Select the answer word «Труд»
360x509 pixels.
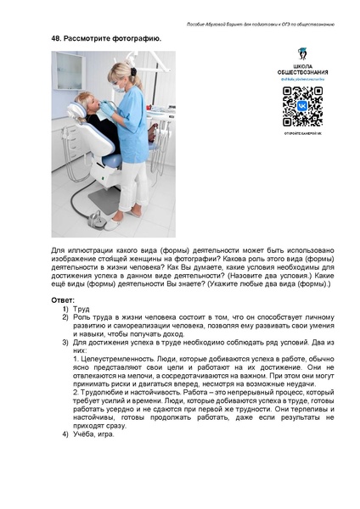[x=81, y=310]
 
